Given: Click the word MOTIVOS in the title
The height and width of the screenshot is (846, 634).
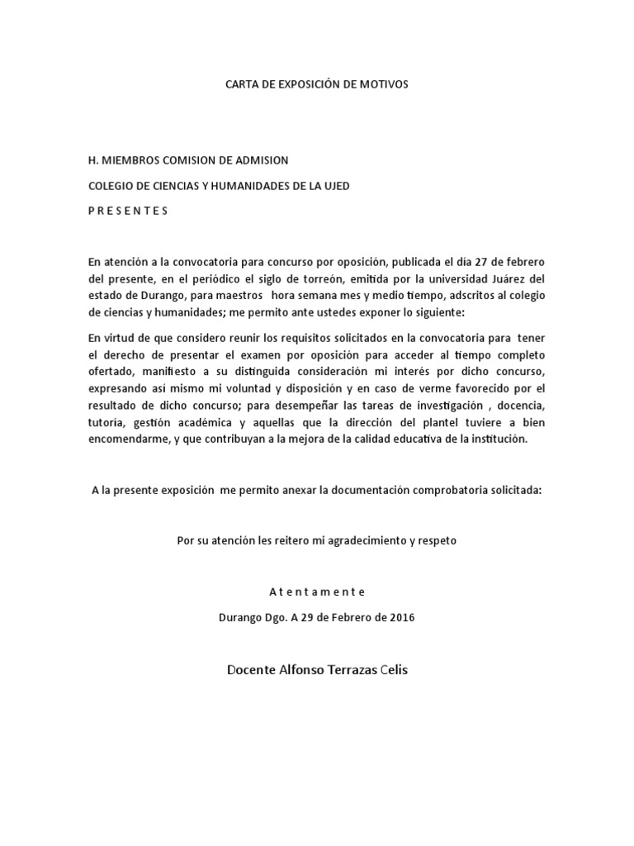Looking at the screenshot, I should coord(382,85).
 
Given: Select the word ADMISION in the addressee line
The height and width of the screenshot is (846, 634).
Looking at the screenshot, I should coord(258,160).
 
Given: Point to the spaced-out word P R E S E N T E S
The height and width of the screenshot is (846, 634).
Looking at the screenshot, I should coord(128,211).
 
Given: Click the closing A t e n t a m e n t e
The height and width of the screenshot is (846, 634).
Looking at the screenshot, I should coord(316,592).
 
